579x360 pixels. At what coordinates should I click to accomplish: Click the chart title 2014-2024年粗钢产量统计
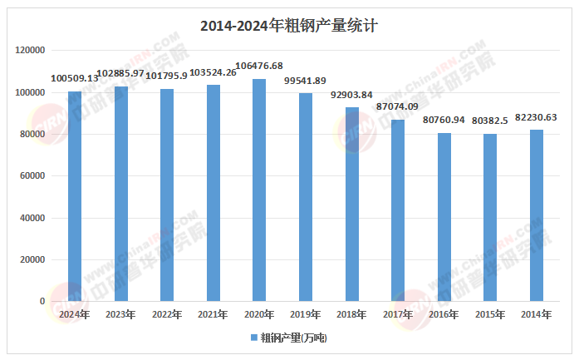[x=289, y=26]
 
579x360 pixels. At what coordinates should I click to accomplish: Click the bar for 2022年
[x=167, y=195]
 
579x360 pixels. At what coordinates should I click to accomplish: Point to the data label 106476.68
[x=259, y=66]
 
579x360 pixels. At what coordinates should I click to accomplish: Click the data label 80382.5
[x=489, y=121]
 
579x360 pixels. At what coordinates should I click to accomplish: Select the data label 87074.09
[x=397, y=107]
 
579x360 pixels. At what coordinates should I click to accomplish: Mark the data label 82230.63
[x=536, y=117]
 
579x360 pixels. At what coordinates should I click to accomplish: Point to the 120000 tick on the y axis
[x=31, y=51]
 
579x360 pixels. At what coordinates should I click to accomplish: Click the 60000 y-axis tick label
[x=33, y=176]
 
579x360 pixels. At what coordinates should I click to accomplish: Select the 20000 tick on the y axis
[x=33, y=259]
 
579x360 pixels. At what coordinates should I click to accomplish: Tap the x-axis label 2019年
[x=305, y=314]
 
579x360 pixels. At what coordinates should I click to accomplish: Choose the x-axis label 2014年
[x=536, y=314]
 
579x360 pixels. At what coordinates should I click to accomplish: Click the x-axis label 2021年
[x=213, y=314]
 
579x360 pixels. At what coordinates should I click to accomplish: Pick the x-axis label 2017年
[x=397, y=314]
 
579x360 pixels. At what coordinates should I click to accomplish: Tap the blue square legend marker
[x=254, y=338]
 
